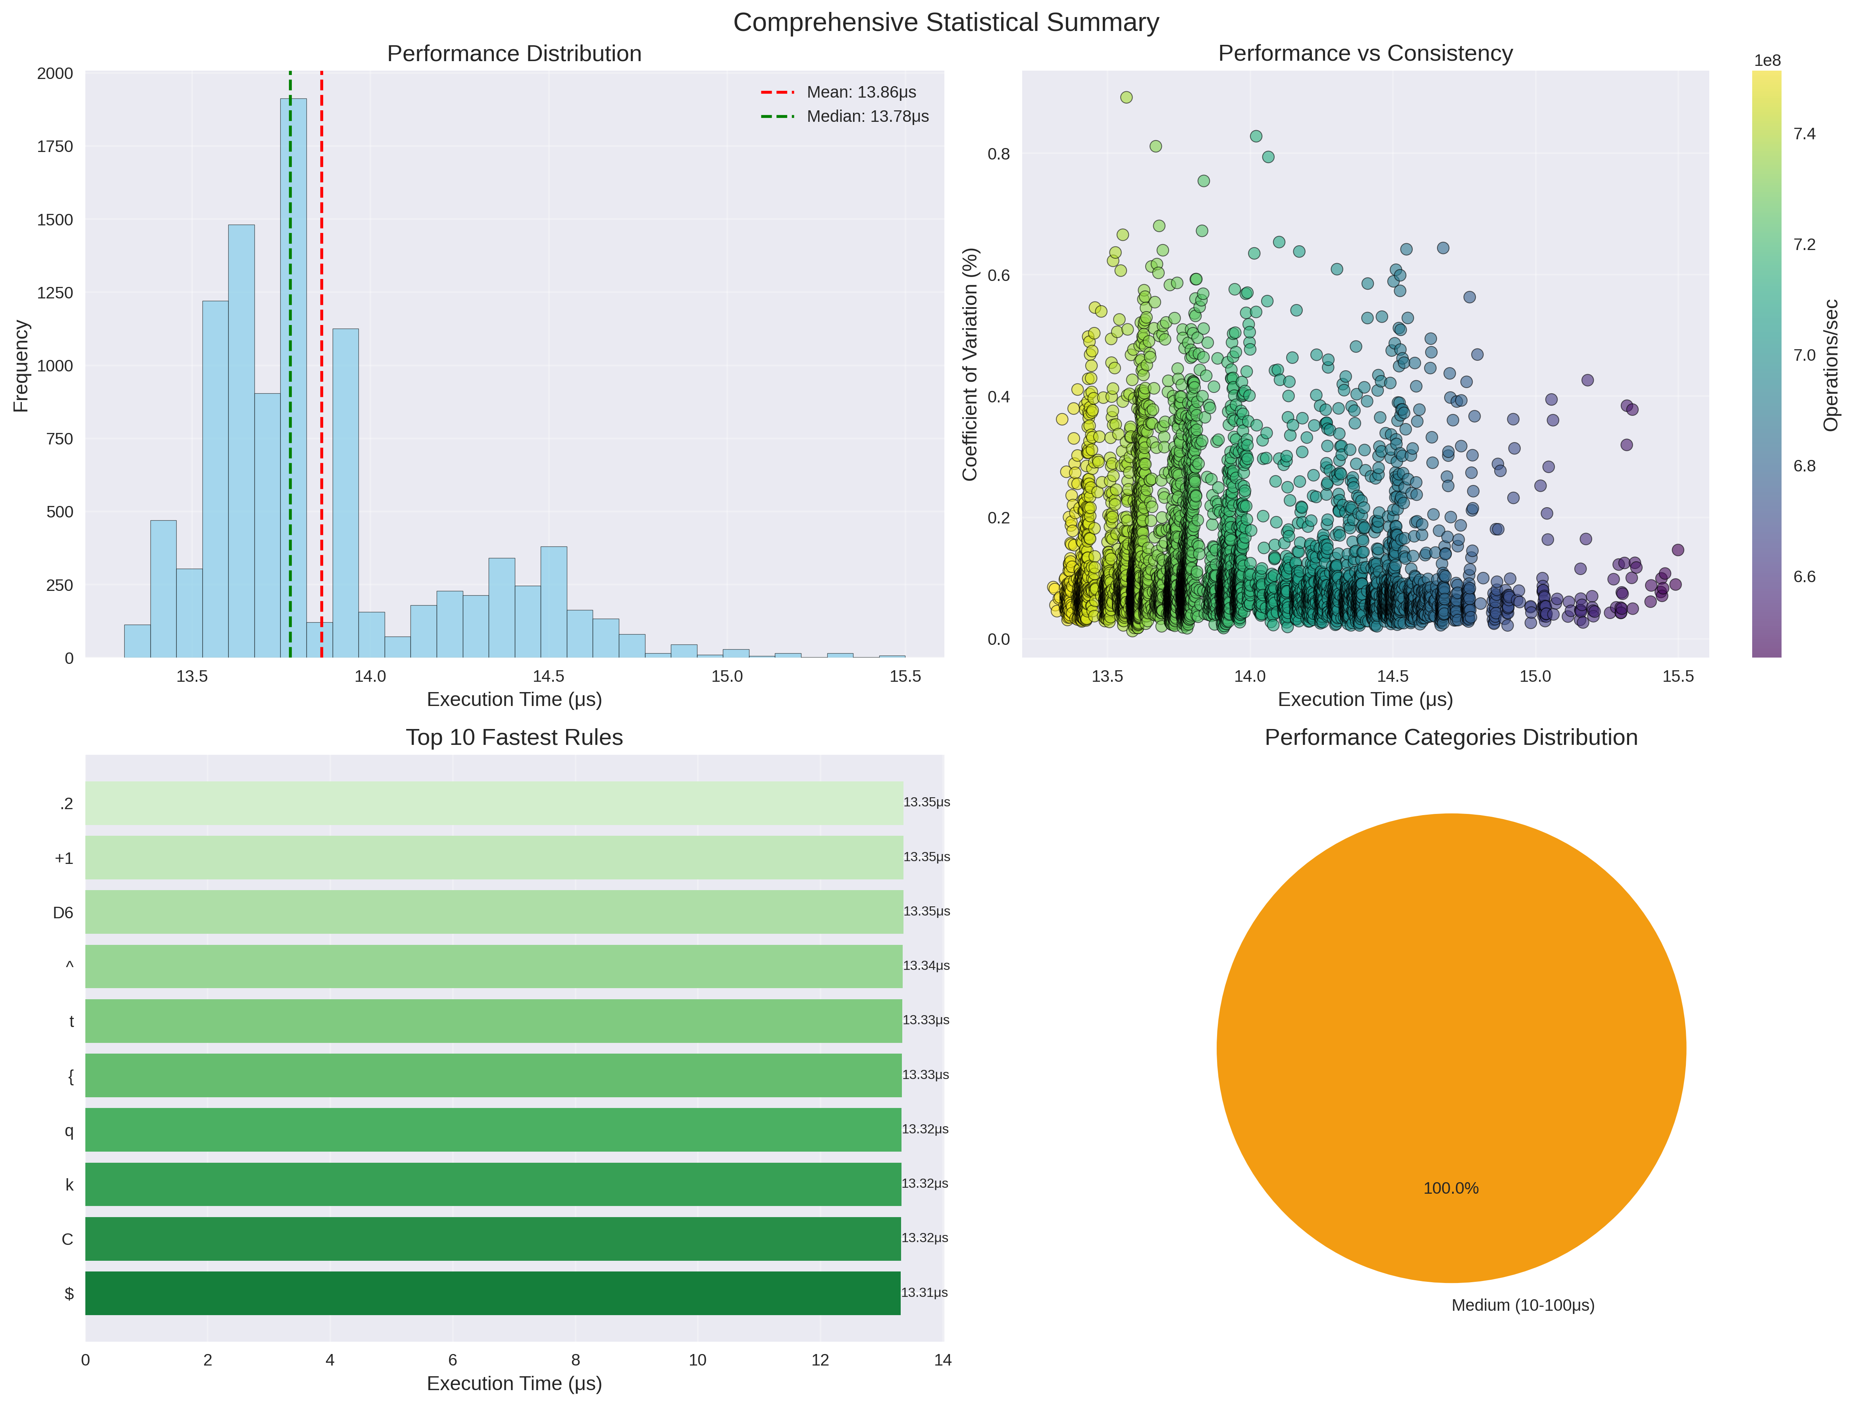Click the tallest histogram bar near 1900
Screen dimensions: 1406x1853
tap(293, 377)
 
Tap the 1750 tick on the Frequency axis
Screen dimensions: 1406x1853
tap(55, 146)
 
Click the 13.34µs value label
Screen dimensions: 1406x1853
tap(926, 966)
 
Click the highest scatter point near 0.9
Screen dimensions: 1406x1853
tap(1126, 97)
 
